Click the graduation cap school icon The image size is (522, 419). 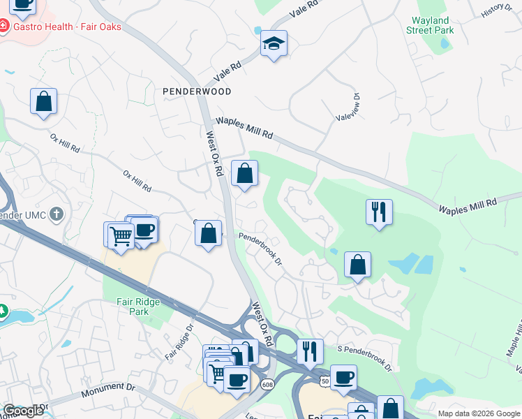[274, 44]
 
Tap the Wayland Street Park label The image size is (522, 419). [431, 26]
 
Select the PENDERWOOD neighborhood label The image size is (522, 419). [197, 91]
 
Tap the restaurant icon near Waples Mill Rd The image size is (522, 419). [379, 212]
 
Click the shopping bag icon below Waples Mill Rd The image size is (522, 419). [245, 174]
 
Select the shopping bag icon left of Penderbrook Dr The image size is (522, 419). [208, 234]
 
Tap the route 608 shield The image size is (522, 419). [267, 385]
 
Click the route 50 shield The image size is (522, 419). [325, 381]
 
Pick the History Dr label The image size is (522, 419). [497, 10]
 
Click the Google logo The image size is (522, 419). [23, 411]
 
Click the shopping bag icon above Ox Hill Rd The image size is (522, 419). [43, 101]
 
